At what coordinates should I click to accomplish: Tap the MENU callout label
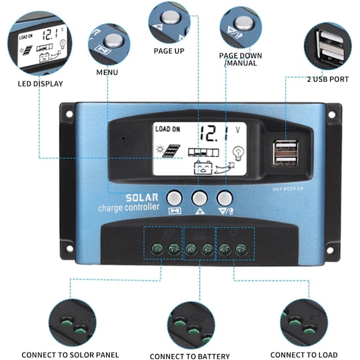click(x=107, y=73)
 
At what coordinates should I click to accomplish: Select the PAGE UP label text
click(x=169, y=52)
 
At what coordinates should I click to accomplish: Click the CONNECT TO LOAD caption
click(x=304, y=355)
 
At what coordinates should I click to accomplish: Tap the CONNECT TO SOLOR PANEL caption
click(x=70, y=355)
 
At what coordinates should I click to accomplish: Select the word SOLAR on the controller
click(x=142, y=197)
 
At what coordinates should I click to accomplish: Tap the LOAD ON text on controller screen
click(x=167, y=128)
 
